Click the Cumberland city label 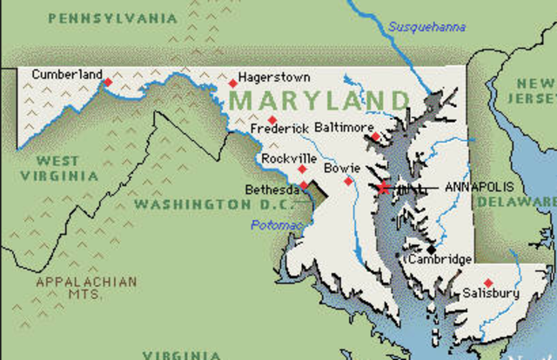(66, 74)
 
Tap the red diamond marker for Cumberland (108, 83)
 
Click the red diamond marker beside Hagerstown (232, 83)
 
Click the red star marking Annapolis (383, 187)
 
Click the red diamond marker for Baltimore (375, 137)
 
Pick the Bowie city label (340, 166)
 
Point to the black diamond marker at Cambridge (431, 249)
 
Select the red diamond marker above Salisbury (488, 282)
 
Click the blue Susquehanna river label (426, 27)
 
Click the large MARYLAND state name (319, 100)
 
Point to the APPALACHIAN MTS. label (86, 288)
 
